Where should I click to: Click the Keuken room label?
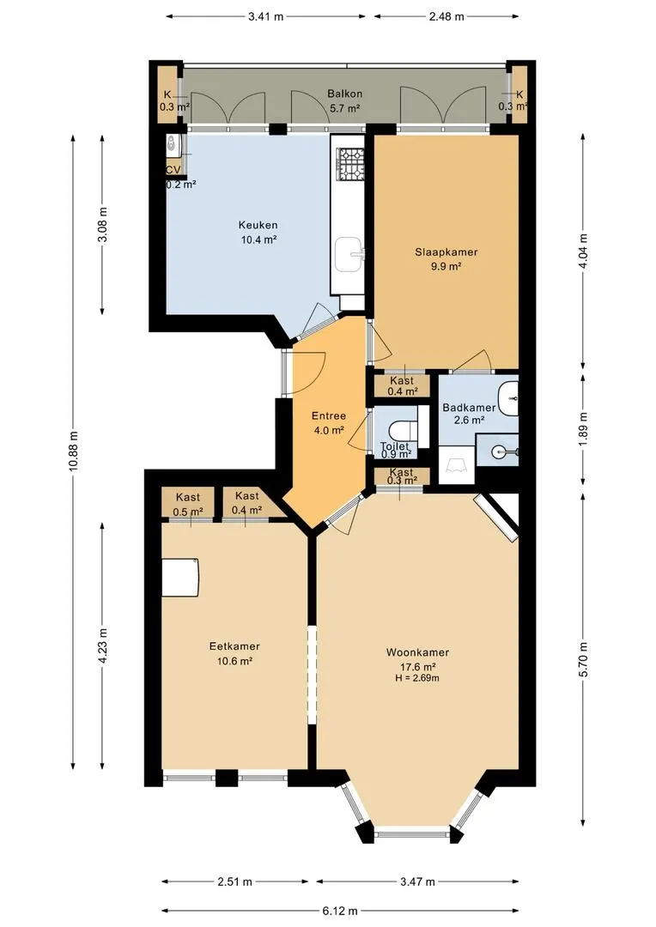point(258,225)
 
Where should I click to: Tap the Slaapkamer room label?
point(446,251)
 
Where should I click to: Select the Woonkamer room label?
point(417,652)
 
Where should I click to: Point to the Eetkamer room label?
point(234,647)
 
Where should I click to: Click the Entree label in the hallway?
point(328,416)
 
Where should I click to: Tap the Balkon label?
point(345,94)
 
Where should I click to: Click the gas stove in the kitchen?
point(351,164)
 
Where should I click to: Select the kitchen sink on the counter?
point(350,254)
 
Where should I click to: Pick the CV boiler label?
point(173,170)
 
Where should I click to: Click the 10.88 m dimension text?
point(73,451)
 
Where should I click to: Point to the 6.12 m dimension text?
point(340,911)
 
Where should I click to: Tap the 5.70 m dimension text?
point(584,660)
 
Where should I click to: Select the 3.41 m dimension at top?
point(265,16)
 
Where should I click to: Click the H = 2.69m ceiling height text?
point(417,678)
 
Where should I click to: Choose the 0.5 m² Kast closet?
point(188,505)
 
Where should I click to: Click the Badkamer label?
point(469,408)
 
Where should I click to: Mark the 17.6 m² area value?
point(417,667)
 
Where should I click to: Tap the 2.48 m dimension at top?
point(446,16)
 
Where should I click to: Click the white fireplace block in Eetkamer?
point(180,577)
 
